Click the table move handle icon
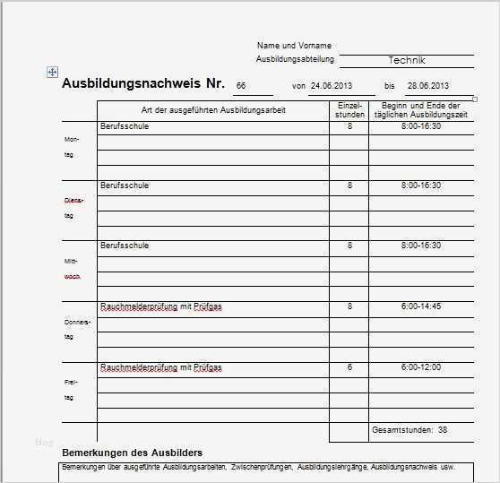click(x=52, y=72)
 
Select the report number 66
click(x=240, y=86)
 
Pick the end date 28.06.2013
click(x=427, y=86)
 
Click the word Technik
click(x=407, y=60)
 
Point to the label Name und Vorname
click(x=294, y=45)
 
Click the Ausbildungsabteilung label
click(x=295, y=59)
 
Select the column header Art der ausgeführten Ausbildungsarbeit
click(x=213, y=109)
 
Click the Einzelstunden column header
click(x=349, y=110)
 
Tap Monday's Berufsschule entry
click(x=125, y=126)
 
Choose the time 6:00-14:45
click(x=420, y=306)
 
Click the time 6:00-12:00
click(x=420, y=367)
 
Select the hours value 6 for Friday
click(x=349, y=367)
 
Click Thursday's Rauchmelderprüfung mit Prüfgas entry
click(x=161, y=306)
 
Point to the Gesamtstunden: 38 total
click(x=409, y=430)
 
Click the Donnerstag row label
click(x=77, y=329)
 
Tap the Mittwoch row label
click(x=73, y=269)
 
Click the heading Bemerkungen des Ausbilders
click(x=132, y=453)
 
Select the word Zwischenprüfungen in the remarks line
click(x=262, y=468)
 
